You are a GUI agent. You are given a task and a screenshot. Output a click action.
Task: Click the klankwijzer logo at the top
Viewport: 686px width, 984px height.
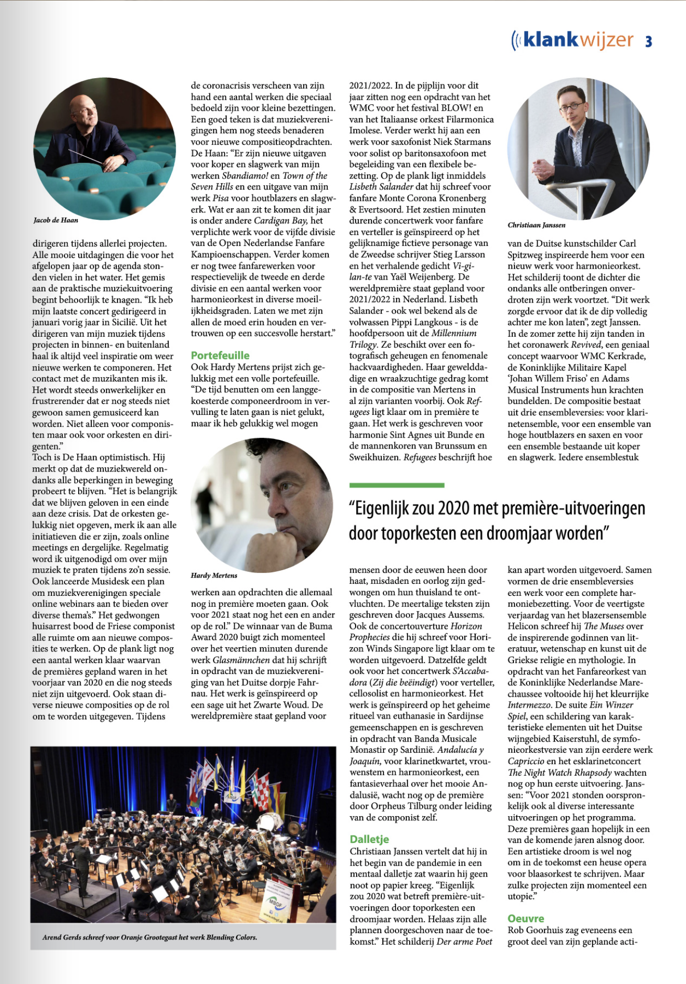click(573, 40)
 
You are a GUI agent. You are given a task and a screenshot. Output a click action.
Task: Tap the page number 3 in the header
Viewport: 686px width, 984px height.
click(649, 41)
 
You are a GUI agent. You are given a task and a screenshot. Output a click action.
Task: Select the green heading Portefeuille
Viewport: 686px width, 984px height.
click(220, 355)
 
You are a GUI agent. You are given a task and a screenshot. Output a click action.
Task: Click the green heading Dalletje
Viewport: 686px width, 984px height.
click(369, 839)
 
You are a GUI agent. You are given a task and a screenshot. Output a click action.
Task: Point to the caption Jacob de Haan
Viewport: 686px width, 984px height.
click(56, 220)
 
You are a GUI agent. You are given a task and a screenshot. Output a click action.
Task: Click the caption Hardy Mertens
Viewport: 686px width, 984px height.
click(214, 575)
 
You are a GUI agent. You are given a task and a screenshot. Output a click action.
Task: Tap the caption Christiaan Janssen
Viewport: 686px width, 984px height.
click(536, 225)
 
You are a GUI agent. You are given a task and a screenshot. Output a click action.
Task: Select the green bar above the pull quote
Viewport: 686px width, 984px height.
click(396, 485)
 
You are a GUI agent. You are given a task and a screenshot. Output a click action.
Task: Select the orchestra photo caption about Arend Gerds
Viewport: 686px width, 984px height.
click(150, 937)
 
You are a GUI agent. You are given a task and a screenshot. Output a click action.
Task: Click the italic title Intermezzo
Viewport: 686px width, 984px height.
click(529, 705)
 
